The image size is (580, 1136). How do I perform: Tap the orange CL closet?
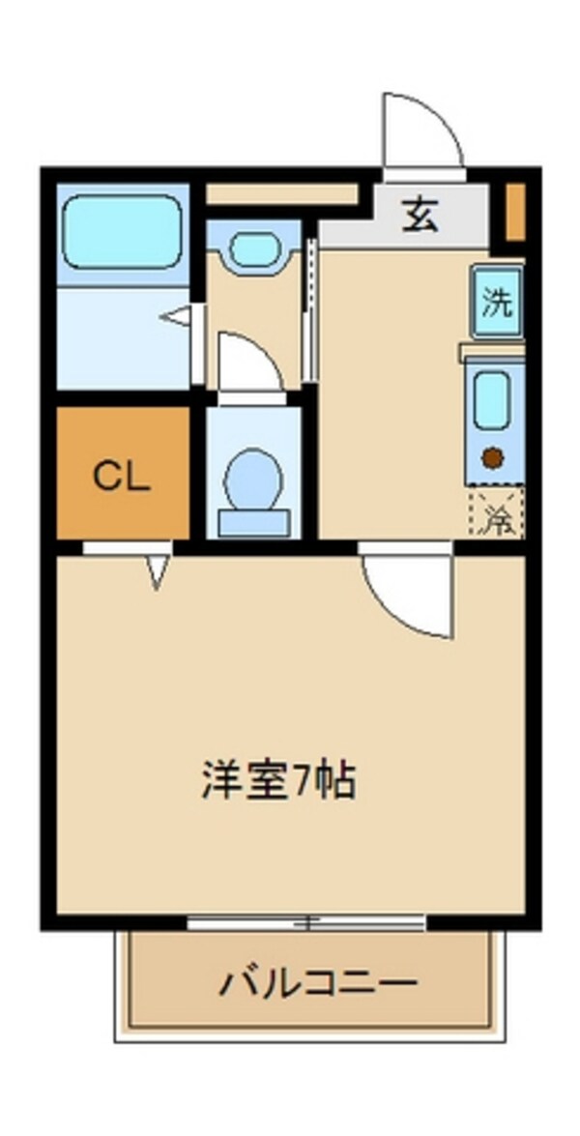(x=122, y=473)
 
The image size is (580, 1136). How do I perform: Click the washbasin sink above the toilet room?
(x=253, y=248)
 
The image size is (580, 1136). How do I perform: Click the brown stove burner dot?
(x=493, y=458)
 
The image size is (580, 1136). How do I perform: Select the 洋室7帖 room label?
(x=279, y=781)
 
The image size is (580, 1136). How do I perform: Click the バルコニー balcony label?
(x=318, y=984)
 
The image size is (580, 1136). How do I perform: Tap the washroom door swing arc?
(x=248, y=362)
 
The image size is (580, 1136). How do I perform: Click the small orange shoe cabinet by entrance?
(x=516, y=210)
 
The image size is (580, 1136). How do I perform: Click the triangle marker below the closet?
(x=158, y=571)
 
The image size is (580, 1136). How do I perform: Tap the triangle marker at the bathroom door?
(x=178, y=316)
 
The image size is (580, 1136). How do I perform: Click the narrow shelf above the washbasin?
(x=282, y=193)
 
